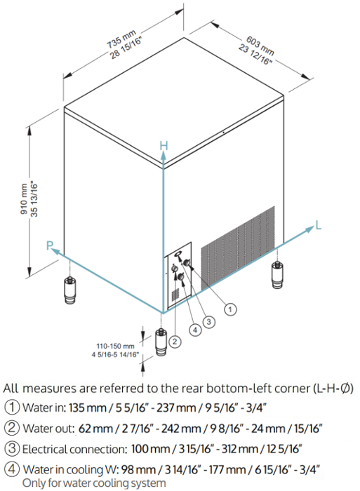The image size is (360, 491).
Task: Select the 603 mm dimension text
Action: [x=260, y=46]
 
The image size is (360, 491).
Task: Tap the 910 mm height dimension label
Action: [x=24, y=199]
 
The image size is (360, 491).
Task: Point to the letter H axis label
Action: [x=164, y=146]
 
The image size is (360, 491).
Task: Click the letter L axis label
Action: [x=318, y=225]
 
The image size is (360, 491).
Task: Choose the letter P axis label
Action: [x=50, y=245]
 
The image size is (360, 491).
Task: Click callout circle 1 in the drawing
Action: [x=230, y=310]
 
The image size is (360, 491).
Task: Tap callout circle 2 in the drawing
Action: [x=175, y=341]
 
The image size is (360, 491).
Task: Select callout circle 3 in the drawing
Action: [x=209, y=321]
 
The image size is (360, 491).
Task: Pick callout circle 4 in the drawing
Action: [x=195, y=330]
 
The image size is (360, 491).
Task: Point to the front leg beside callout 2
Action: [x=161, y=342]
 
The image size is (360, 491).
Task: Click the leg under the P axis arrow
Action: [x=69, y=290]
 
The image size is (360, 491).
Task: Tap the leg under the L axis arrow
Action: [x=277, y=275]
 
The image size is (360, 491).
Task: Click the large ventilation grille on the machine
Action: [x=237, y=248]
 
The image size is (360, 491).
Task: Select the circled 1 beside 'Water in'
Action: [x=12, y=407]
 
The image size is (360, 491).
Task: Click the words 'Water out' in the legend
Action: [x=48, y=428]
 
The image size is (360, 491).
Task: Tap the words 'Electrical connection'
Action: [x=74, y=449]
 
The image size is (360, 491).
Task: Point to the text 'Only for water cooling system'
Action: [x=94, y=483]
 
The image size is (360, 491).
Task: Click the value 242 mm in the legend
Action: [x=181, y=428]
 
